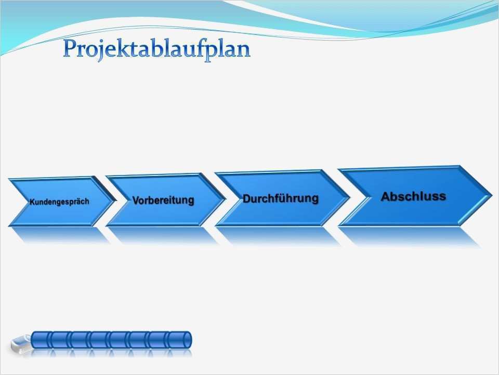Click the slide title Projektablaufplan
point(156,50)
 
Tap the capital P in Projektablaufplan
point(70,48)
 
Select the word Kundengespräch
point(59,202)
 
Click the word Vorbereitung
point(163,200)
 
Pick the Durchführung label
point(280,198)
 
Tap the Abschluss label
point(413,196)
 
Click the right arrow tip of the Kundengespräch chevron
point(114,201)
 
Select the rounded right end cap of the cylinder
point(188,340)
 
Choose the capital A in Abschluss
point(385,196)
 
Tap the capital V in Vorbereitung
point(136,200)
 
